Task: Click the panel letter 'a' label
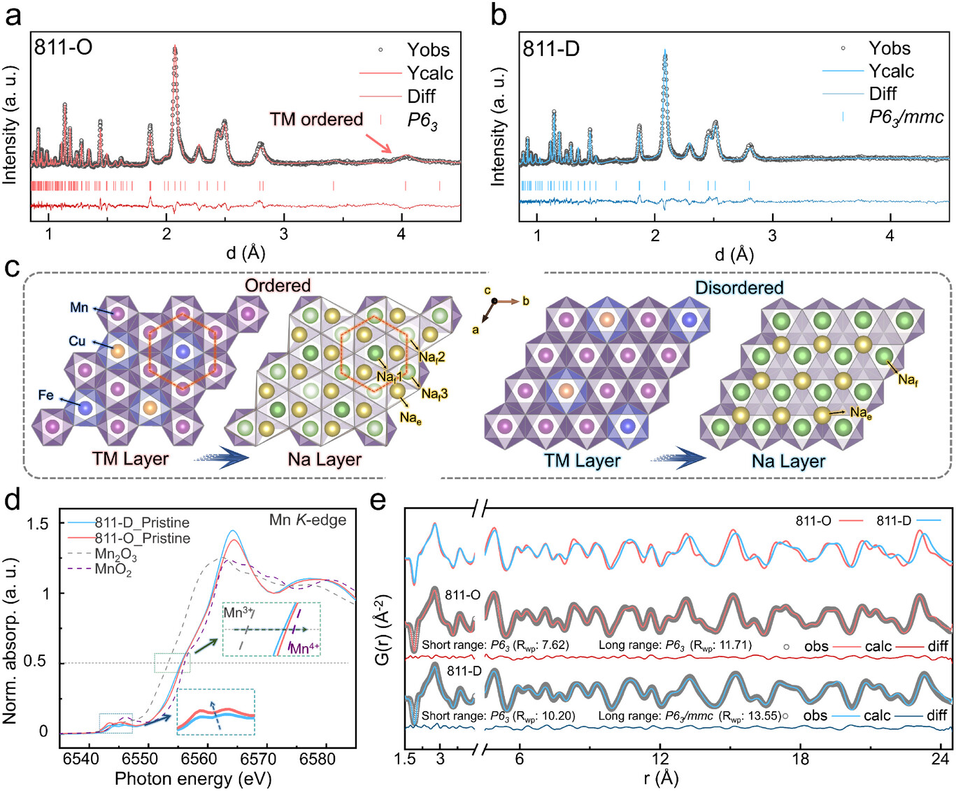click(x=13, y=15)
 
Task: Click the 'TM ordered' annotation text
click(x=316, y=120)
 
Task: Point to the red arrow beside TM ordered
click(x=378, y=143)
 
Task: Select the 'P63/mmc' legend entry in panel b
click(x=906, y=117)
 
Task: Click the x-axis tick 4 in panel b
click(x=890, y=236)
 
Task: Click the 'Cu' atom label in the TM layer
click(x=77, y=341)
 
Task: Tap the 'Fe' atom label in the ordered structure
click(x=46, y=395)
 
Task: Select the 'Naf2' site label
click(x=431, y=357)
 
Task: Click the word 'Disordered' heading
click(x=739, y=287)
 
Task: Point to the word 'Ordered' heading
click(x=278, y=285)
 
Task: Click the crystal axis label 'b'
click(x=526, y=301)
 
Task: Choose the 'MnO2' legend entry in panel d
click(x=113, y=570)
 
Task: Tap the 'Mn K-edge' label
click(x=308, y=520)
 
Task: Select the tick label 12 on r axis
click(x=659, y=759)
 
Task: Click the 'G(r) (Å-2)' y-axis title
click(x=382, y=629)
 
